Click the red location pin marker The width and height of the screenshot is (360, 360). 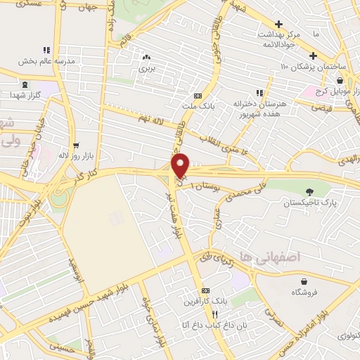point(181,165)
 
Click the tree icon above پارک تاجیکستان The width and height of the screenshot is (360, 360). point(310,191)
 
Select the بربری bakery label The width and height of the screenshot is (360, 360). point(146,70)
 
